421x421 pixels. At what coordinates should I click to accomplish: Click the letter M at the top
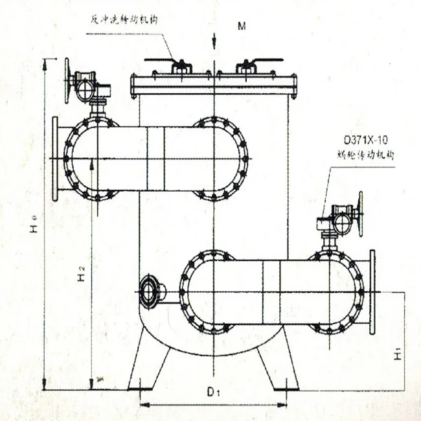pos(242,27)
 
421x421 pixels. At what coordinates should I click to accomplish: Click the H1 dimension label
pos(399,353)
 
